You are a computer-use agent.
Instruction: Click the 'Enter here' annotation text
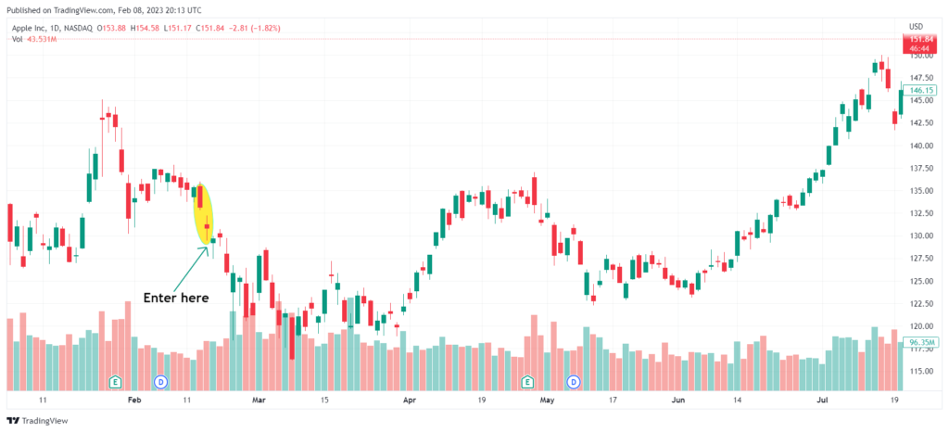click(175, 298)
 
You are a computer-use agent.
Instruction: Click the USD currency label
click(915, 26)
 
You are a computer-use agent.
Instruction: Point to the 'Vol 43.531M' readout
click(35, 40)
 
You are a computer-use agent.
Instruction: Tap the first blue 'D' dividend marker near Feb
click(160, 381)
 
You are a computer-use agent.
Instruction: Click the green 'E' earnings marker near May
click(527, 381)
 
